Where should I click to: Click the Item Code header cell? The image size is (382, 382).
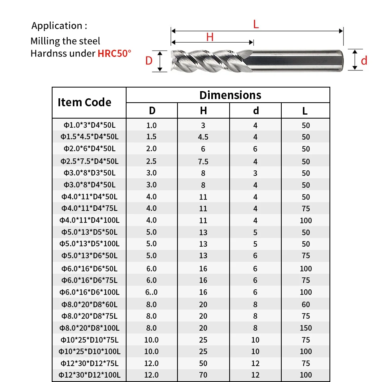pos(84,103)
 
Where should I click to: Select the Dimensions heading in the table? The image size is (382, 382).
pos(230,95)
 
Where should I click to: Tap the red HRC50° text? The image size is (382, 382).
pos(114,53)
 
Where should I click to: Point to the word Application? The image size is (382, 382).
pos(57,26)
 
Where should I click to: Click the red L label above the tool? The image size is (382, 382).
pos(256,24)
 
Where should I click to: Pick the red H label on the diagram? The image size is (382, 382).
pos(210,37)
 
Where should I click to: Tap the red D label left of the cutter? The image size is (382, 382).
pos(149,61)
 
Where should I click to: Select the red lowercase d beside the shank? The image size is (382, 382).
pos(364,61)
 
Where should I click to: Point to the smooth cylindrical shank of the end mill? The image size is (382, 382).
pos(296,60)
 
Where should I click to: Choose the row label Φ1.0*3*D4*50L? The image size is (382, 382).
pos(89,125)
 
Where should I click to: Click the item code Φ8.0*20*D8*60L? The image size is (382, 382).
pos(89,304)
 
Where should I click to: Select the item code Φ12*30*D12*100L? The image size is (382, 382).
pos(89,375)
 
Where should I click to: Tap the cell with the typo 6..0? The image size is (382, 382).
pos(152,292)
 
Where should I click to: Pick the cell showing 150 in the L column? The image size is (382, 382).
pos(306,328)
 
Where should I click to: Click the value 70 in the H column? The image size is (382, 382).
pos(203,375)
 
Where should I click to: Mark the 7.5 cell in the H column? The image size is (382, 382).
pos(203,162)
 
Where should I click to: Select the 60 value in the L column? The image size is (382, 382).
pos(306,304)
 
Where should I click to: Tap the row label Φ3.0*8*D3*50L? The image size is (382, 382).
pos(89,173)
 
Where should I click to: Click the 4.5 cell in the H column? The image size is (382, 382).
pos(203,137)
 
